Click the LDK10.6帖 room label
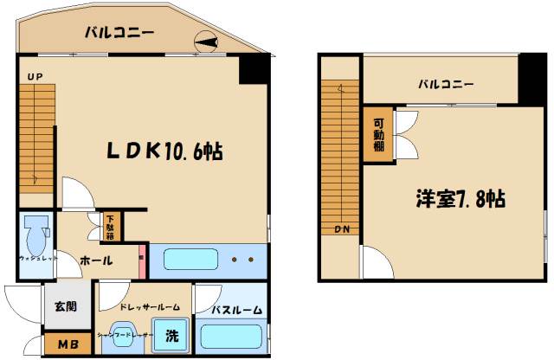[x=164, y=151]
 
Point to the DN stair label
[x=340, y=229]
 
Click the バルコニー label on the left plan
[x=119, y=34]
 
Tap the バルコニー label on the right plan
[x=446, y=85]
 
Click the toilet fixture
[x=36, y=233]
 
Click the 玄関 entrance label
[x=65, y=305]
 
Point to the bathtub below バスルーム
[x=232, y=336]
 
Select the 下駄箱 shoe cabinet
[x=111, y=227]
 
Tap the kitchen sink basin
[x=190, y=259]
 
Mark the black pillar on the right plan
[x=530, y=80]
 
